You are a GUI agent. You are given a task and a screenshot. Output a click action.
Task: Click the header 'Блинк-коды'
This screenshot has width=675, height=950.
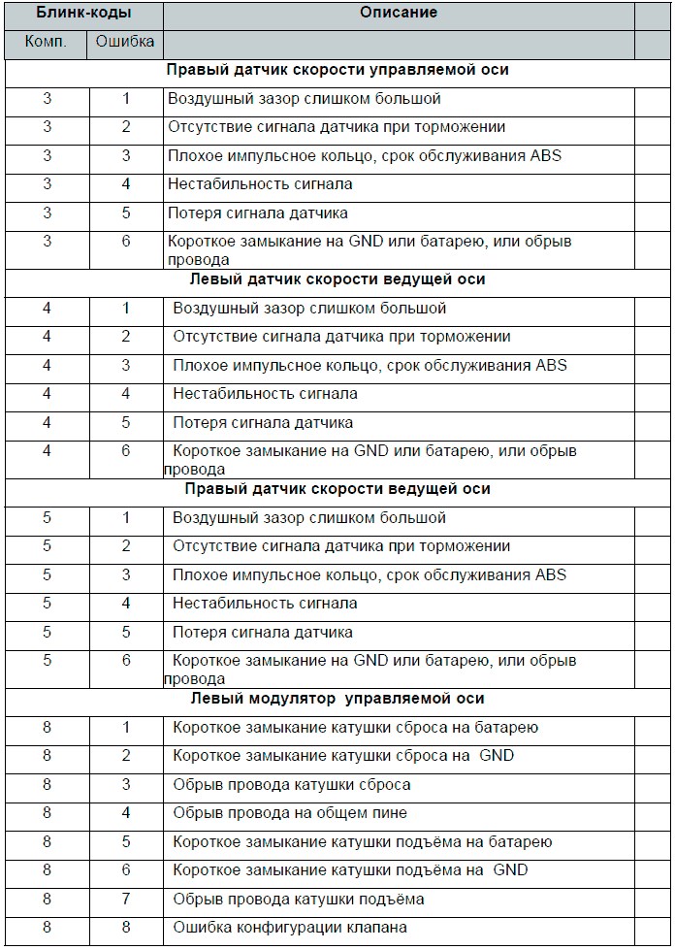[x=82, y=16]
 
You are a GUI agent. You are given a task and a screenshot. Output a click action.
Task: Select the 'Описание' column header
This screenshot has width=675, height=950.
[x=399, y=15]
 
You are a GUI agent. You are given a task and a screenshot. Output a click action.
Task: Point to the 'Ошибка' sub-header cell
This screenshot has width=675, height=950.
[x=126, y=44]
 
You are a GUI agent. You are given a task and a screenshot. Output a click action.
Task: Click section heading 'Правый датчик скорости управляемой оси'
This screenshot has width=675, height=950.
[x=337, y=71]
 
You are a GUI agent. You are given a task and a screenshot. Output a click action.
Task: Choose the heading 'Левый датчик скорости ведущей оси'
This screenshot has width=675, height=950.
[x=336, y=279]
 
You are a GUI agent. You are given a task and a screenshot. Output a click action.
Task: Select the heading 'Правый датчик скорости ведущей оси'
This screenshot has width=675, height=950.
[x=337, y=489]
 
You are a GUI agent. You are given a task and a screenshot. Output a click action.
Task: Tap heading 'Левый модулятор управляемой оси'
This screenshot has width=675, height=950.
[x=336, y=699]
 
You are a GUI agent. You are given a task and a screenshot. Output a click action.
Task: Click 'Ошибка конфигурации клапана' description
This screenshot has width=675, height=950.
[x=290, y=928]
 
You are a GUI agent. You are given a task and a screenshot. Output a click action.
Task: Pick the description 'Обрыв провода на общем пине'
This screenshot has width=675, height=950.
[x=290, y=813]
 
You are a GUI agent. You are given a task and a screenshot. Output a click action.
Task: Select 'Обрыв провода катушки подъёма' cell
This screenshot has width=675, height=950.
[x=299, y=900]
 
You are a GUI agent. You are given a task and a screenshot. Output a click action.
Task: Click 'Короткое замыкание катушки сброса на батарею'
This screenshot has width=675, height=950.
[x=356, y=728]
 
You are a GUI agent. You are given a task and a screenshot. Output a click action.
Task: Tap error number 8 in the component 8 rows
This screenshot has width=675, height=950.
[x=126, y=928]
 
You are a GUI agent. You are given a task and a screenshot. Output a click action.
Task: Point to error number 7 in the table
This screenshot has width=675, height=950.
[x=126, y=900]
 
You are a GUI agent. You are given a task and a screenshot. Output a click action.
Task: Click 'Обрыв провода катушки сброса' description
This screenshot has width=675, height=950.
[x=292, y=785]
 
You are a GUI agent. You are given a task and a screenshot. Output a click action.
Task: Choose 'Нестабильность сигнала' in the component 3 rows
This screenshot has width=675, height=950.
[x=260, y=183]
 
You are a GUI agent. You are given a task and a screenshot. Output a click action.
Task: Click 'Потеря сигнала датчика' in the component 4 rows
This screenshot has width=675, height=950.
[x=263, y=423]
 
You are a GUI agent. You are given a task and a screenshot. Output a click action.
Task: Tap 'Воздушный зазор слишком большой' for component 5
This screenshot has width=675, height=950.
[x=309, y=518]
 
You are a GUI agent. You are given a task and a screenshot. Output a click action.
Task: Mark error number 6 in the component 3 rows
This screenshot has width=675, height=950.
[x=126, y=242]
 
